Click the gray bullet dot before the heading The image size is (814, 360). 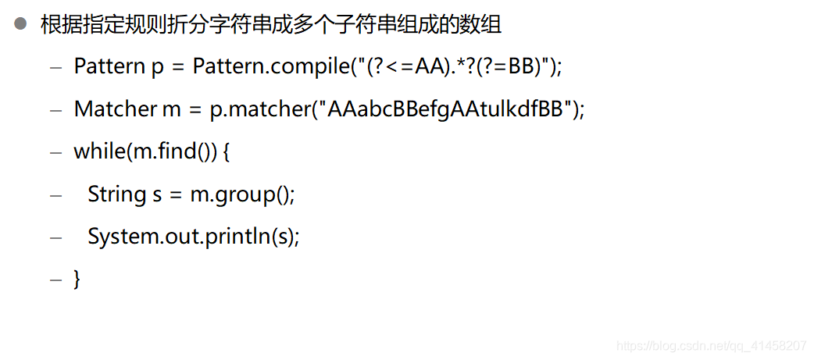click(x=20, y=24)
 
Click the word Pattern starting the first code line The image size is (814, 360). click(x=109, y=66)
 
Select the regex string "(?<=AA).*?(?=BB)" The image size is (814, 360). click(x=456, y=66)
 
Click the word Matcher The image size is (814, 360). click(x=116, y=109)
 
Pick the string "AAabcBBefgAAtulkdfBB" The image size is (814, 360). click(x=444, y=109)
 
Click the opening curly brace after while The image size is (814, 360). click(x=227, y=151)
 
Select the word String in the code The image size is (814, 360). click(x=116, y=194)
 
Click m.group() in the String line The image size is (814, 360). click(x=242, y=194)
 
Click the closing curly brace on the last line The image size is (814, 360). click(x=77, y=279)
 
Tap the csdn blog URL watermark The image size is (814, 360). click(x=711, y=345)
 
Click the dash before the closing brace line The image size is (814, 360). click(x=55, y=279)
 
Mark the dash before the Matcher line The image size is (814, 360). click(x=55, y=109)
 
